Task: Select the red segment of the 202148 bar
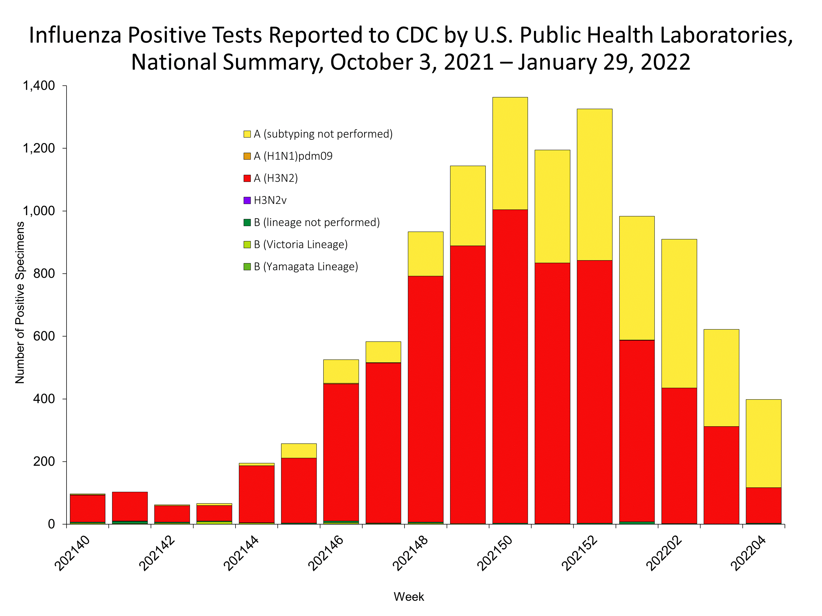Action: click(x=426, y=399)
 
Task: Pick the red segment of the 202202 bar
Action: click(x=679, y=456)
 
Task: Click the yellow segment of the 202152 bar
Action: click(x=594, y=185)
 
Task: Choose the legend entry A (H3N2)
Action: click(x=275, y=179)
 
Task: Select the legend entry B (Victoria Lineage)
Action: click(x=300, y=245)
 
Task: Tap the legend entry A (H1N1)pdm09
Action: click(x=293, y=156)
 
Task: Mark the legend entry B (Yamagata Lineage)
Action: click(x=305, y=267)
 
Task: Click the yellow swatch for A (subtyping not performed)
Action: click(x=247, y=134)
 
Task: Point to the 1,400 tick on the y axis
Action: click(x=39, y=86)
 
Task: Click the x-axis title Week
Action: click(x=409, y=597)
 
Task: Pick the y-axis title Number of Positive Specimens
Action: click(x=20, y=303)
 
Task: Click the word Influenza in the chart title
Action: click(x=75, y=36)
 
